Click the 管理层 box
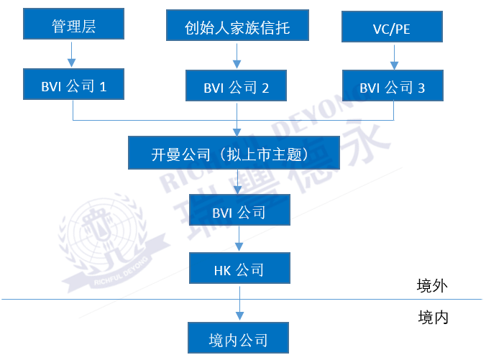click(x=73, y=26)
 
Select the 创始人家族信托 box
click(x=237, y=27)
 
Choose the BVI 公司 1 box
click(x=73, y=87)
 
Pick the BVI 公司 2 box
click(x=237, y=88)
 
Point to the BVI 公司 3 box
click(x=393, y=88)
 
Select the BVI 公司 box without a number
click(x=239, y=212)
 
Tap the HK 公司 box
click(x=239, y=270)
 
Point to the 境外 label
click(x=433, y=286)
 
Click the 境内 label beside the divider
click(x=433, y=317)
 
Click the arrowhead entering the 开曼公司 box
click(x=237, y=131)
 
